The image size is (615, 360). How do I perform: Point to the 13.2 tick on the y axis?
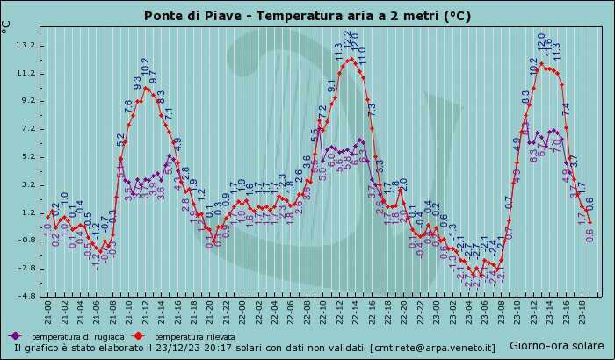pyautogui.click(x=25, y=45)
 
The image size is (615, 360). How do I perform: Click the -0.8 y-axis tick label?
pyautogui.click(x=25, y=241)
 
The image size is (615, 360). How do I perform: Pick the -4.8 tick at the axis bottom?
pyautogui.click(x=25, y=296)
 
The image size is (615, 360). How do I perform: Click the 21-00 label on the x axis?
pyautogui.click(x=49, y=312)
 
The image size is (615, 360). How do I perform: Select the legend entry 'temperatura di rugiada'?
pyautogui.click(x=74, y=336)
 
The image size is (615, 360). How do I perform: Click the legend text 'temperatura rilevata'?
pyautogui.click(x=190, y=336)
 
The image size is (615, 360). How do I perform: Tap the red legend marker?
pyautogui.click(x=138, y=336)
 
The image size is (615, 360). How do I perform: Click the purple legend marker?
pyautogui.click(x=14, y=336)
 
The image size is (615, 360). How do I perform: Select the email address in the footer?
pyautogui.click(x=432, y=348)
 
